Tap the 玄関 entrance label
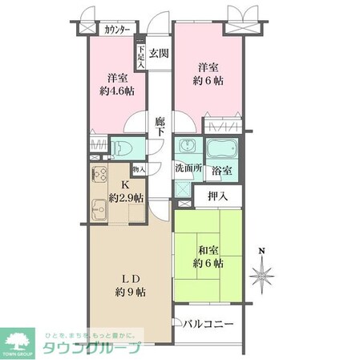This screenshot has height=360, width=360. [x=158, y=55]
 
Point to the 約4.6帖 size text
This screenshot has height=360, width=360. [x=117, y=91]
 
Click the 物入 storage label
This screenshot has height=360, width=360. [x=139, y=169]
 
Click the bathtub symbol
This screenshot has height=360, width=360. [x=220, y=149]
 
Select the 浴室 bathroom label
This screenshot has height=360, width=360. [x=222, y=170]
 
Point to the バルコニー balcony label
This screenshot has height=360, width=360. [x=207, y=326]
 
